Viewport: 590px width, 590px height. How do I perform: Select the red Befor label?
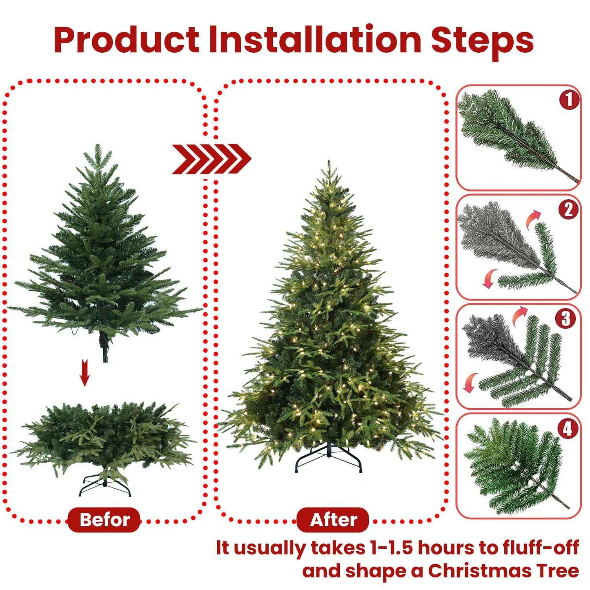(104, 520)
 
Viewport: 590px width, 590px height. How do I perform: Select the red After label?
(333, 520)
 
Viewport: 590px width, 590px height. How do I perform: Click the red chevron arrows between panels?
(212, 159)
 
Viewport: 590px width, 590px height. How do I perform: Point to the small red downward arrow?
(85, 372)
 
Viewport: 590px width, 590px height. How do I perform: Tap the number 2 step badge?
(568, 210)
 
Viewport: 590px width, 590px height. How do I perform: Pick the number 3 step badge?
(566, 319)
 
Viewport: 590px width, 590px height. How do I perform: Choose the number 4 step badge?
(568, 428)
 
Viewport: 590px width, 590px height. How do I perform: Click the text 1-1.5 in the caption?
(392, 548)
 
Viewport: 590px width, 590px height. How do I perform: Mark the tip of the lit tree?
(329, 163)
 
